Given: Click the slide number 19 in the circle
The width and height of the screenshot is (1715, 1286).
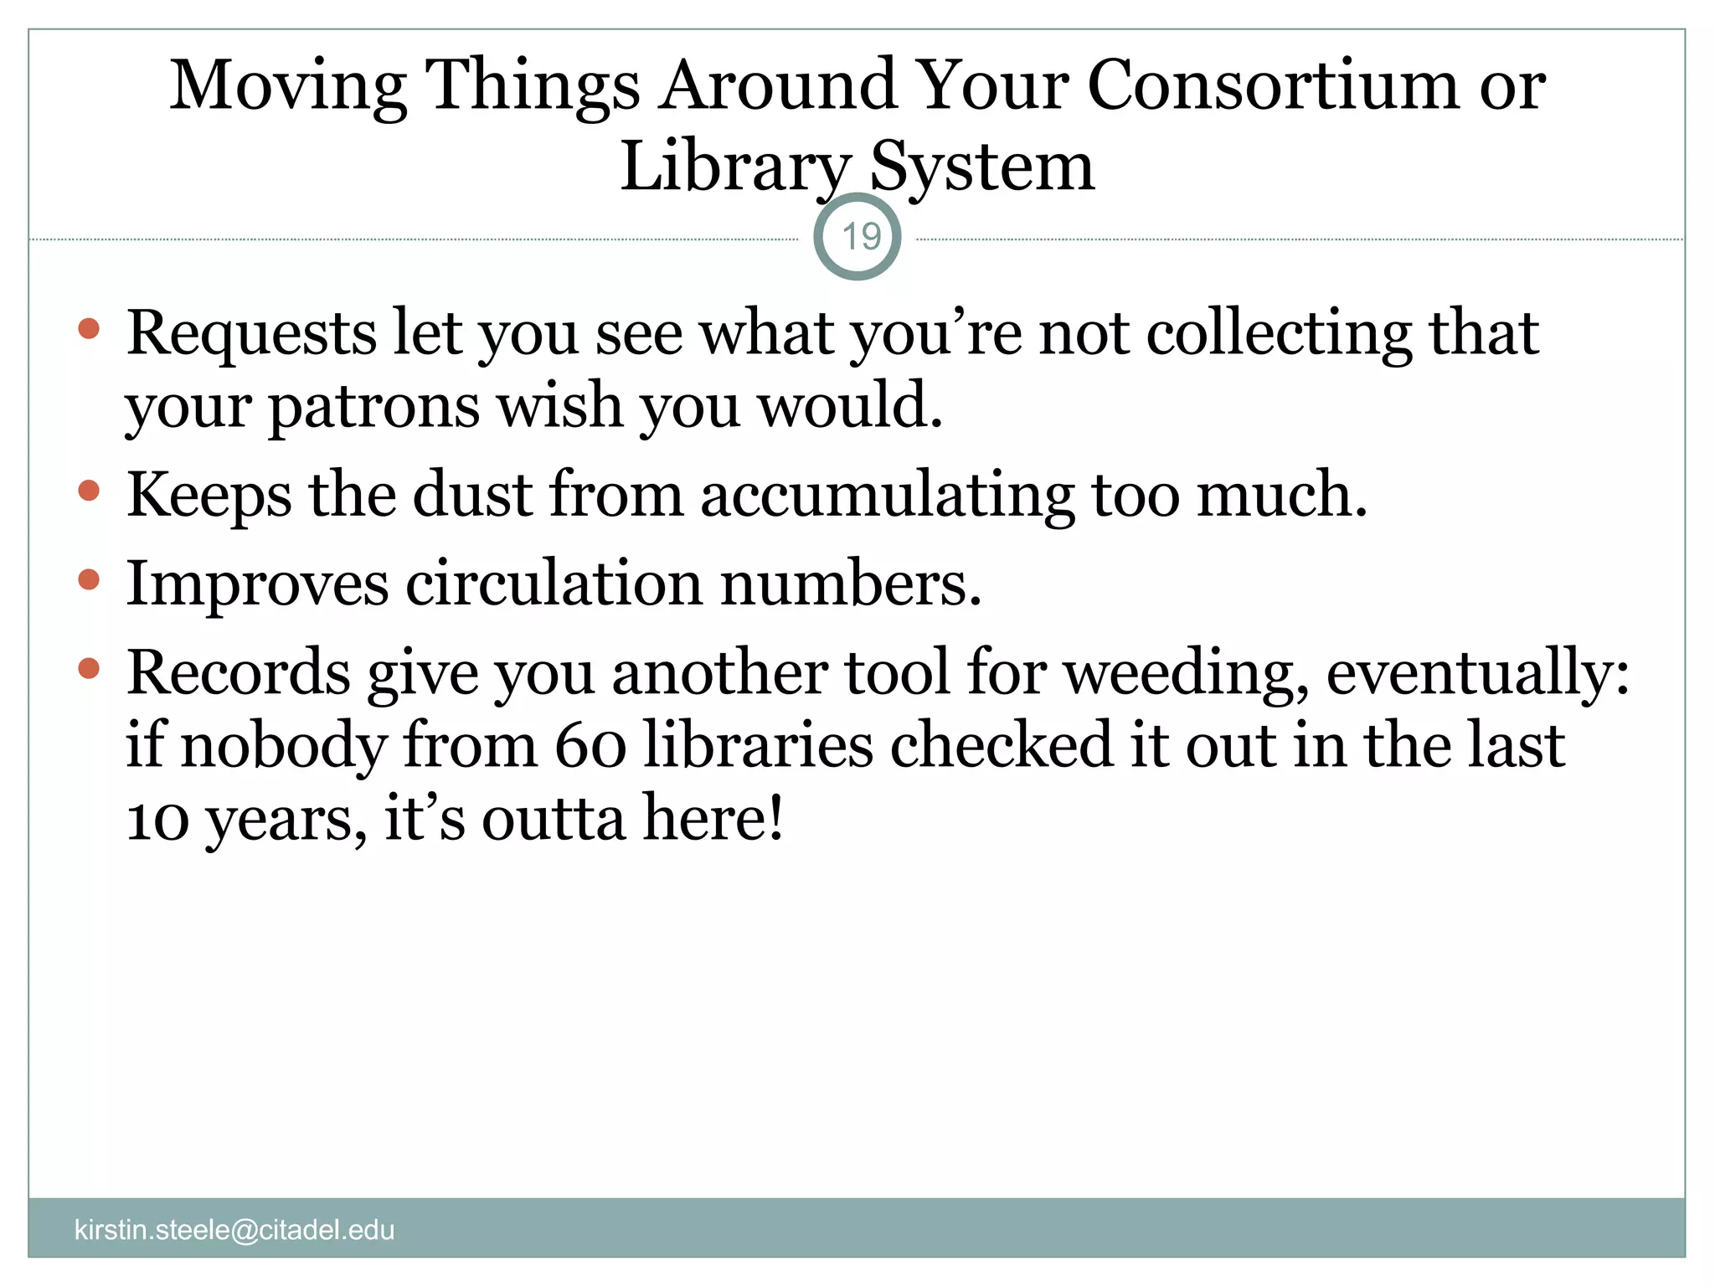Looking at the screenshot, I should (x=859, y=237).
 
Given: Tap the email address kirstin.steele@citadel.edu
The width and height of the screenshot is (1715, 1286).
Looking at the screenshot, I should (x=234, y=1230).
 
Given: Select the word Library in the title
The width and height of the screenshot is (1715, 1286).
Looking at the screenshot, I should (x=734, y=167).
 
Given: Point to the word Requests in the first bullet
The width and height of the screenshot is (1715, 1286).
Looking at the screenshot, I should (x=251, y=334).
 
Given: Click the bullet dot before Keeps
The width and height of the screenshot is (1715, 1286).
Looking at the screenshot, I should (x=89, y=490).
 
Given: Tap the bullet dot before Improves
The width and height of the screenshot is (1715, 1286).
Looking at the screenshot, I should (x=89, y=579).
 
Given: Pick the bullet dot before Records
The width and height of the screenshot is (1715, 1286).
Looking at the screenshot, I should (x=89, y=668).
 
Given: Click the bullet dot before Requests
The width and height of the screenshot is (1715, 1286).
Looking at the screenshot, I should (x=89, y=328).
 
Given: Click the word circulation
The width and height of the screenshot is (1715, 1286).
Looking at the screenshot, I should (x=554, y=584).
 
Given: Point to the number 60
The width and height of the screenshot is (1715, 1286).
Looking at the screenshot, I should (x=590, y=745).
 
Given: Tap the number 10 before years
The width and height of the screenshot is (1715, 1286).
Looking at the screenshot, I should (x=157, y=819).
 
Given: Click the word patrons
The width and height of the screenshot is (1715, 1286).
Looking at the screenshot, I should (x=373, y=406).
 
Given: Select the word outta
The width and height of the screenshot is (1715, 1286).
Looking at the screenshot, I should (x=553, y=819).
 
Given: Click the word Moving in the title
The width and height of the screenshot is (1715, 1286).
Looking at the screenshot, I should (x=289, y=87).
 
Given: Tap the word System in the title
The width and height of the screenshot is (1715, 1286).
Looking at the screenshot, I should (x=982, y=167).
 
